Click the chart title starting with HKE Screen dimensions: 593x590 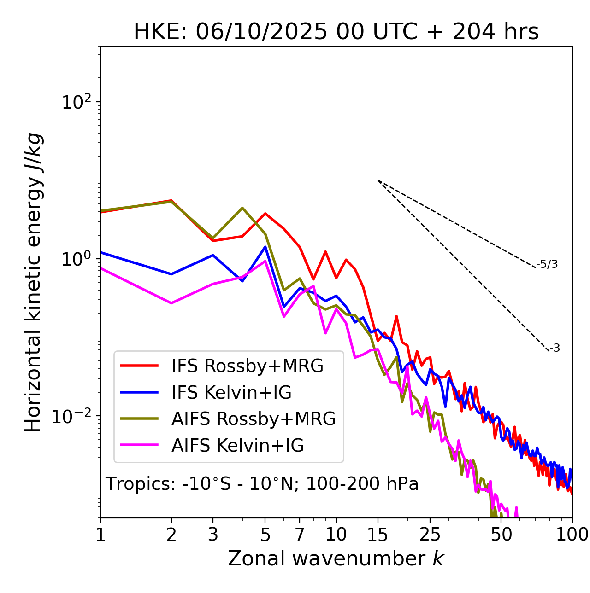click(336, 32)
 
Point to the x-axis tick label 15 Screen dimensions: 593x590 click(378, 535)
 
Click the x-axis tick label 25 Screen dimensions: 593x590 click(430, 535)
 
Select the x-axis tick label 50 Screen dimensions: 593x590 click(501, 535)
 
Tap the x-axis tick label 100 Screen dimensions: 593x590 click(572, 535)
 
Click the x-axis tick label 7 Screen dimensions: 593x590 click(300, 535)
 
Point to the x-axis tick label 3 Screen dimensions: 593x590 click(212, 535)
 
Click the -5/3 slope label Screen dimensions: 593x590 click(547, 264)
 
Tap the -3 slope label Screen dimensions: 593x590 click(555, 349)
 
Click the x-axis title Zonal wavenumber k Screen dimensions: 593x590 click(336, 558)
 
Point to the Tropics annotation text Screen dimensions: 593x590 click(262, 484)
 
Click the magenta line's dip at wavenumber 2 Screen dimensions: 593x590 click(171, 303)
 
